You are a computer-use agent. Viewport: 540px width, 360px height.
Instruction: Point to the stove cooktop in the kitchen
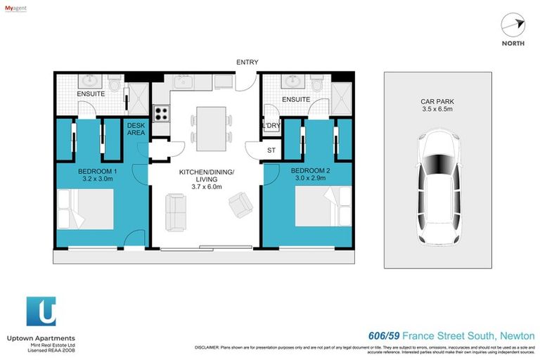[161, 112]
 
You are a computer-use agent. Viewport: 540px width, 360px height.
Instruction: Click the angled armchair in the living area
[241, 205]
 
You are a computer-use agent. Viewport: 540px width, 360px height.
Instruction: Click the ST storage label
[271, 150]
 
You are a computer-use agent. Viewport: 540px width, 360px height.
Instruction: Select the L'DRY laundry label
[271, 126]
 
